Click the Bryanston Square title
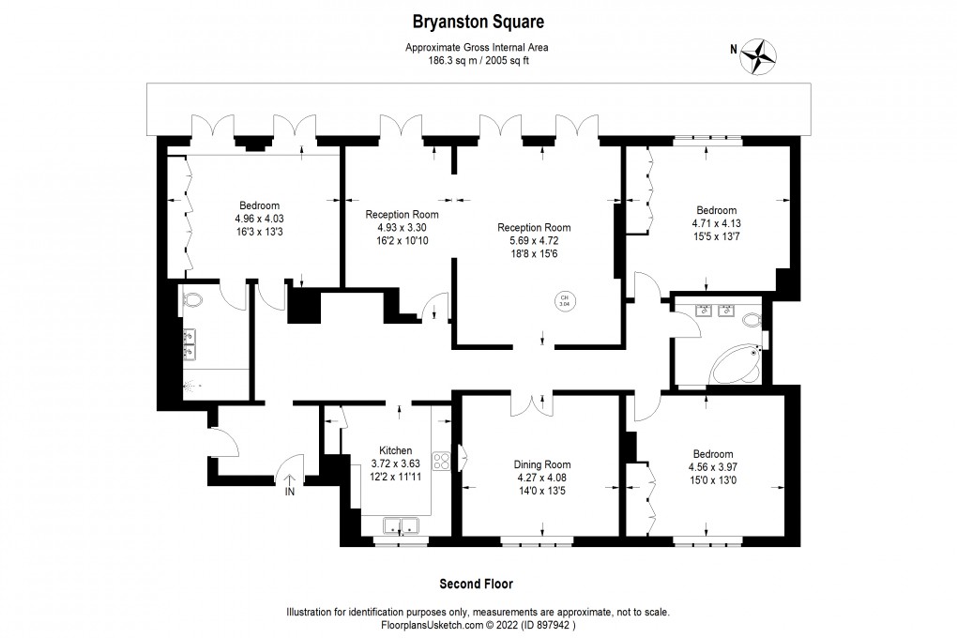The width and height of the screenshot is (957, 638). [478, 20]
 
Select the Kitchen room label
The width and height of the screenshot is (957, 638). [395, 450]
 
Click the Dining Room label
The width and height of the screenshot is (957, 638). [541, 464]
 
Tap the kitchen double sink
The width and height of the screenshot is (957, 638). [399, 526]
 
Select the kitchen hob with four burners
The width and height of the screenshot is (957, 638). [442, 460]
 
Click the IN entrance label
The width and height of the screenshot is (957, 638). [290, 491]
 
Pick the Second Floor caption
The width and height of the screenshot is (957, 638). [478, 584]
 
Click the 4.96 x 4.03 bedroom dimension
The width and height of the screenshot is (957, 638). [259, 219]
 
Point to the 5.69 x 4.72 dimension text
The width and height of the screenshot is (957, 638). [534, 240]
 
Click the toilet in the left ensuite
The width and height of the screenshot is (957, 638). [192, 299]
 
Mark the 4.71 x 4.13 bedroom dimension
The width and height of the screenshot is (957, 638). [716, 223]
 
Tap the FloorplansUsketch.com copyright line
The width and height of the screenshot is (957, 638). [478, 625]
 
